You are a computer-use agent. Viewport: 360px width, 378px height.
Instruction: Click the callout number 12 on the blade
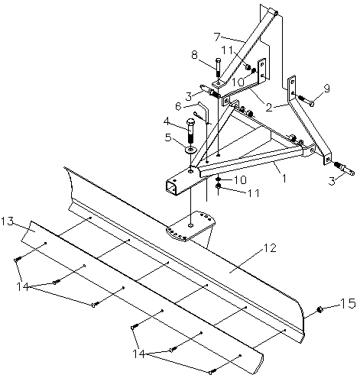[x=269, y=248]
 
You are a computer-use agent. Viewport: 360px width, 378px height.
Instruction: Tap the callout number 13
[x=7, y=221]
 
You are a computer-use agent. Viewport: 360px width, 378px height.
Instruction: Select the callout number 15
[x=348, y=304]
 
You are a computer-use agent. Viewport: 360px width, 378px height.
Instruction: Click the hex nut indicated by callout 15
[x=319, y=309]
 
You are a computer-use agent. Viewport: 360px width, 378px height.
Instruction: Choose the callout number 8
[x=195, y=55]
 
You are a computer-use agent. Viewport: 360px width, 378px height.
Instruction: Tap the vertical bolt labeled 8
[x=219, y=68]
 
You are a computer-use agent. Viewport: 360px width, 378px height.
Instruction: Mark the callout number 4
[x=167, y=122]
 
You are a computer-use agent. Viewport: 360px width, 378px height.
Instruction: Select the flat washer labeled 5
[x=190, y=150]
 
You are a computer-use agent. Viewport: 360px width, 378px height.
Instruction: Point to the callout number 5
[x=168, y=137]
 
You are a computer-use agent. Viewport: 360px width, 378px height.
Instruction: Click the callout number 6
[x=179, y=106]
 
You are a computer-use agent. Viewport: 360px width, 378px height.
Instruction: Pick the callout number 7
[x=217, y=37]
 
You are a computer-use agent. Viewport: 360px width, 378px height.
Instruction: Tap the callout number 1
[x=284, y=179]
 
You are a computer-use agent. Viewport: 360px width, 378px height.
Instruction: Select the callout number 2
[x=269, y=108]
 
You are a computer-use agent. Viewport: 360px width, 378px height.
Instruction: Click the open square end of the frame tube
[x=171, y=187]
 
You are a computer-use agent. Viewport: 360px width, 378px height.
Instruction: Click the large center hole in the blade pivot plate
[x=190, y=225]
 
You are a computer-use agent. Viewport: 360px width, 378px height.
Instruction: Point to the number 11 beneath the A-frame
[x=253, y=193]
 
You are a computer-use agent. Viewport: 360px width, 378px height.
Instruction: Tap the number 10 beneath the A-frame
[x=240, y=180]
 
